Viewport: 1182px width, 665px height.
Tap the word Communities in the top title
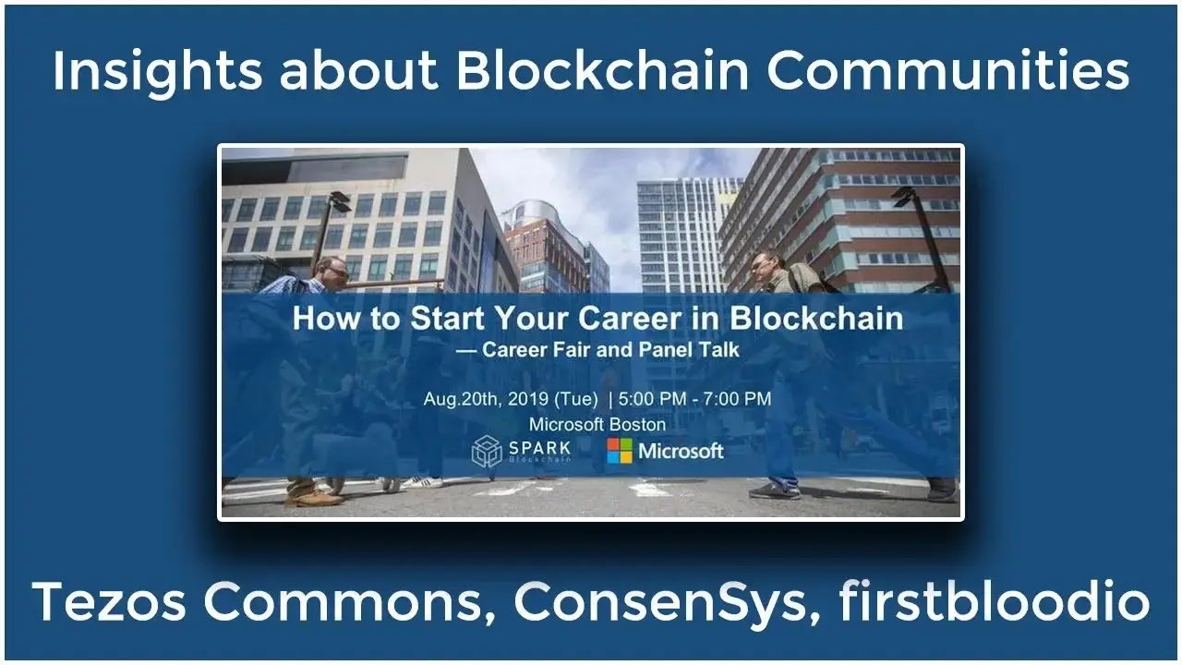tap(947, 70)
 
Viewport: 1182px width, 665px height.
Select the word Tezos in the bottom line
tap(109, 601)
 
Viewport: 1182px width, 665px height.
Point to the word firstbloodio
tap(995, 600)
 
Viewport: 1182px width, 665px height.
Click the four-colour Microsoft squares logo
tap(620, 451)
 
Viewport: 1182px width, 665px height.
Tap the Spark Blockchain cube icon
tap(487, 452)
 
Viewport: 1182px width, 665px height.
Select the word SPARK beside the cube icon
tap(540, 448)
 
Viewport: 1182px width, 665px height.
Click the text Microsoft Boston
tap(597, 424)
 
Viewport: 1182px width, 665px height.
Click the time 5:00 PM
tap(652, 398)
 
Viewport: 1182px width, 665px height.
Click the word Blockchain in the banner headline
tap(816, 319)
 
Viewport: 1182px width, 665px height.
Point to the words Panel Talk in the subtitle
tap(689, 349)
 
